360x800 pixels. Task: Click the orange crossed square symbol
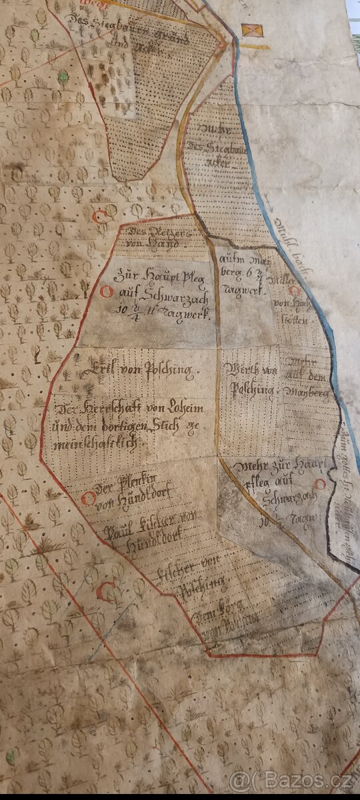(x=252, y=30)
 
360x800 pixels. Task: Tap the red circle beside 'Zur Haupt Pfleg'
(x=105, y=291)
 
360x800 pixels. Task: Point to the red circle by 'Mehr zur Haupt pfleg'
(x=320, y=484)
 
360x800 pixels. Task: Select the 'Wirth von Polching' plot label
(x=251, y=379)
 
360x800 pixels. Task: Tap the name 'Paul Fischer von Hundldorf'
(x=151, y=539)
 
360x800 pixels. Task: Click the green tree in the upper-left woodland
(x=63, y=78)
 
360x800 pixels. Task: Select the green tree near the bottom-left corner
(x=11, y=757)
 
